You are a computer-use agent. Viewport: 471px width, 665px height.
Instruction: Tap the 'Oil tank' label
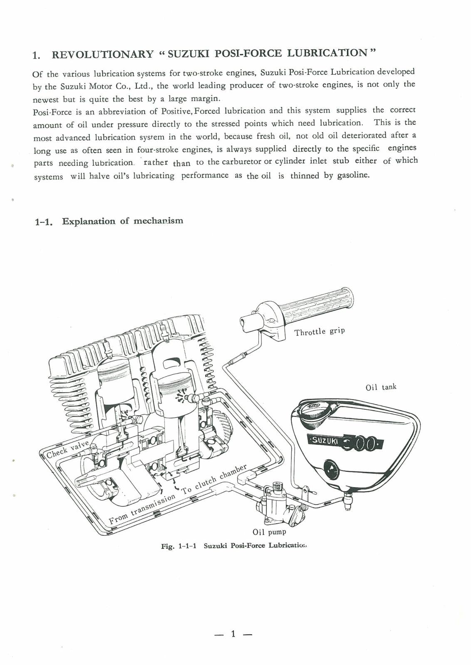coord(381,387)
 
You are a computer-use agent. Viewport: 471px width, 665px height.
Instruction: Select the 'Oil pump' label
coord(269,532)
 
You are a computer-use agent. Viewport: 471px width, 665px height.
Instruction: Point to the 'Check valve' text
coord(67,449)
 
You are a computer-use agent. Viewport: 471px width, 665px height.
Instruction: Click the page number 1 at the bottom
coord(233,634)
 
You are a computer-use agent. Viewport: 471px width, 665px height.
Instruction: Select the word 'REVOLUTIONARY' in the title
coord(102,54)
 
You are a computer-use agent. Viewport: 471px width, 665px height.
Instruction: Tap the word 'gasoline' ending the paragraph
coord(353,175)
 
